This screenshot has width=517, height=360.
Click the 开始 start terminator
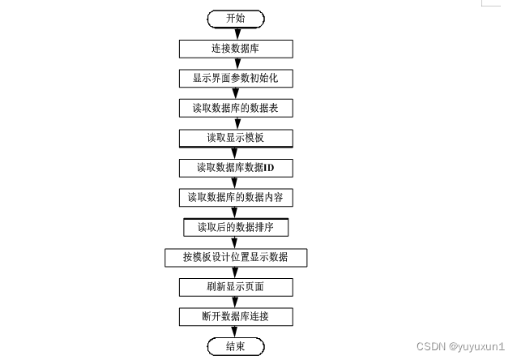click(235, 17)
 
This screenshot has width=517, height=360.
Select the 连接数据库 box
click(235, 47)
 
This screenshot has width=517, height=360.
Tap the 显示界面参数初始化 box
click(235, 78)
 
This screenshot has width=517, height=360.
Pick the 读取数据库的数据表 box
click(235, 107)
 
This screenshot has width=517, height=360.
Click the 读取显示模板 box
click(235, 137)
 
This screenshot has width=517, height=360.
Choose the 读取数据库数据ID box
click(235, 167)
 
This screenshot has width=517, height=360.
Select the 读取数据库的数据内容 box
click(235, 197)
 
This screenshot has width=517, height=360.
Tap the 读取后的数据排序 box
click(235, 227)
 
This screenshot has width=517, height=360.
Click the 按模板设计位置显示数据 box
click(235, 257)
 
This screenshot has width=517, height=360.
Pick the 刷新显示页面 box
click(235, 287)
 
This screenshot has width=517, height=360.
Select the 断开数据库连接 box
click(235, 316)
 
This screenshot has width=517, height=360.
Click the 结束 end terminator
click(235, 346)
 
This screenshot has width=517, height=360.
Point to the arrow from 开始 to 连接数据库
click(235, 32)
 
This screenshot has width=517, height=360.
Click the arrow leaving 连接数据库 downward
click(235, 62)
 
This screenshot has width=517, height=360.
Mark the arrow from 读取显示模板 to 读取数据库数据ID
click(235, 152)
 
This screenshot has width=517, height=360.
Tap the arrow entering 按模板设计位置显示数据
click(235, 242)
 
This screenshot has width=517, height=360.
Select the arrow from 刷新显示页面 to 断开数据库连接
click(235, 302)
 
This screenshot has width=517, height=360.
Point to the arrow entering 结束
click(235, 332)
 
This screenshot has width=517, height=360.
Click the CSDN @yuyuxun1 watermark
click(460, 345)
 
